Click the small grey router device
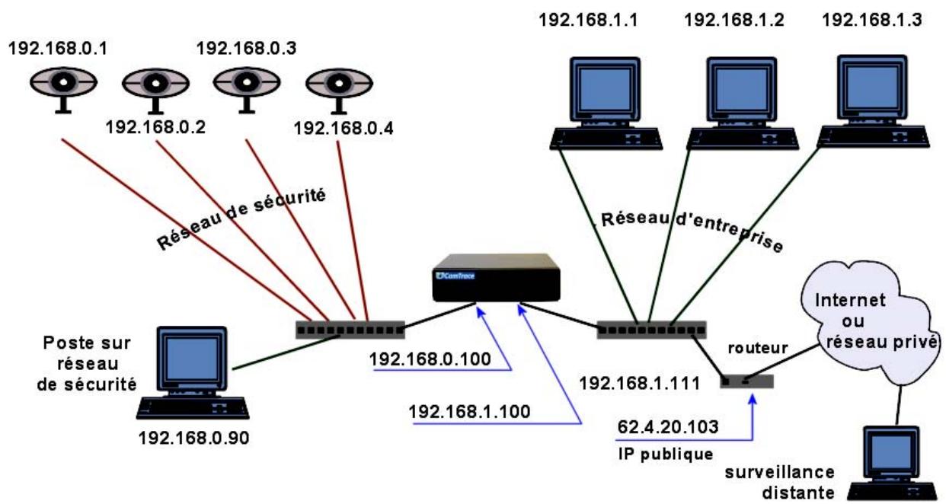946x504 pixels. [x=746, y=380]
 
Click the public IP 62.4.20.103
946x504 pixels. [x=666, y=428]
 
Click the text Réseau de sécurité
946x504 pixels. [x=241, y=219]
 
